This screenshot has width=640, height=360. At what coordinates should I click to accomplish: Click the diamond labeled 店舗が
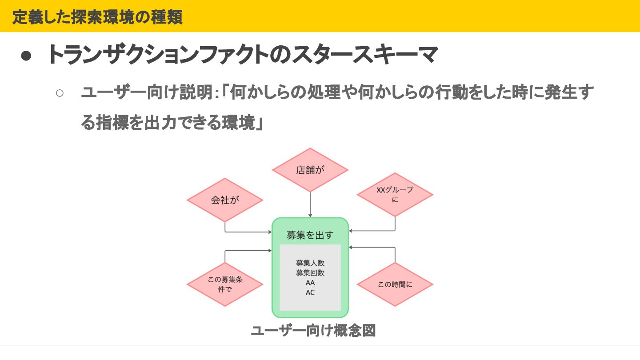point(310,170)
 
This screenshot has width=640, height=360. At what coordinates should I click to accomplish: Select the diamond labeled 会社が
point(225,200)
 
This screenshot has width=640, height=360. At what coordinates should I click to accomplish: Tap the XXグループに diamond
point(395,195)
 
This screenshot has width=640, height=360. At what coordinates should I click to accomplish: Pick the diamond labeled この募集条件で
point(225,284)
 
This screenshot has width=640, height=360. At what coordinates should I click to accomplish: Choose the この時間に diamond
point(395,284)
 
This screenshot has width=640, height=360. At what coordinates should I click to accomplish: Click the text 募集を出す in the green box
point(310,235)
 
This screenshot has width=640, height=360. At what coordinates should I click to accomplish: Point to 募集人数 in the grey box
point(310,263)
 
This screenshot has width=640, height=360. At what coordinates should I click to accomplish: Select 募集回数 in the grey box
point(310,273)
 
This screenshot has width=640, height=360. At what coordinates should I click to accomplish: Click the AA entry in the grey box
point(310,283)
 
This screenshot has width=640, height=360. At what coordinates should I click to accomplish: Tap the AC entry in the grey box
point(310,292)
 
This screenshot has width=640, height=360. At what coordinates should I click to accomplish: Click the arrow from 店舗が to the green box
point(310,204)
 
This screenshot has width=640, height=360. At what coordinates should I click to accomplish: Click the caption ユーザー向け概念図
point(313,331)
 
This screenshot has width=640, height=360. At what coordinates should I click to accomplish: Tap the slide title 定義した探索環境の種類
point(97,17)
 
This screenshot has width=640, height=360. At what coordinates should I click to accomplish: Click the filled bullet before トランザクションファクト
point(26,55)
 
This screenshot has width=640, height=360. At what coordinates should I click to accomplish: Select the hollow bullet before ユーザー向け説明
point(60,93)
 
